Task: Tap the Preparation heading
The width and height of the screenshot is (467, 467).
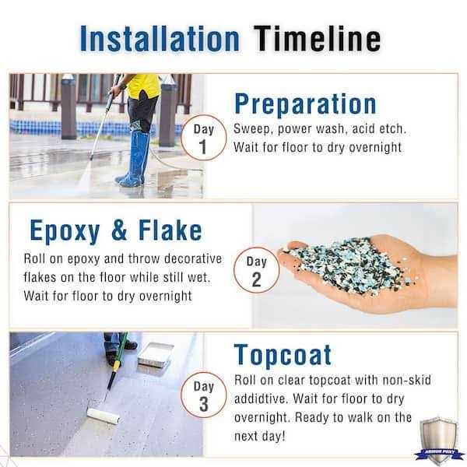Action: tap(305, 104)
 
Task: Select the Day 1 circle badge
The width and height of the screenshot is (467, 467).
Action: tap(203, 138)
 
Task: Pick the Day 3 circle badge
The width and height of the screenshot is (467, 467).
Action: tap(203, 395)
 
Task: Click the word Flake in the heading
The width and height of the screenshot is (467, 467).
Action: tap(165, 230)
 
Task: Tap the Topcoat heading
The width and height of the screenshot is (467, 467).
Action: tap(283, 354)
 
